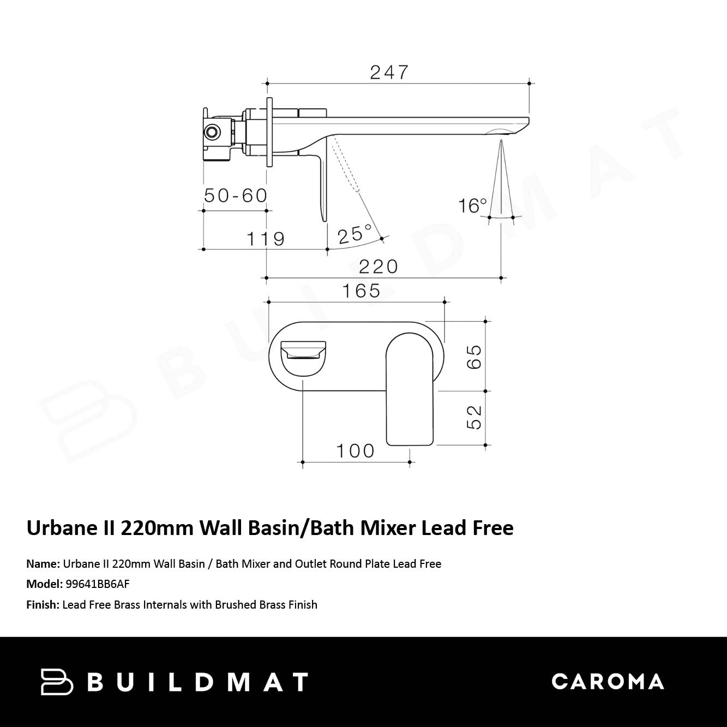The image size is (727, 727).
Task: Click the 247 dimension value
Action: (389, 72)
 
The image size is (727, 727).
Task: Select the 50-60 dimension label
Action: (236, 195)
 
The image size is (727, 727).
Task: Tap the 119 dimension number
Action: (266, 239)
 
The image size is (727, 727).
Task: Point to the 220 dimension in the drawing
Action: (378, 267)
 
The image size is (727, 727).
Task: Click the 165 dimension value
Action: (361, 291)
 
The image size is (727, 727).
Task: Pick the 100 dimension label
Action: (355, 451)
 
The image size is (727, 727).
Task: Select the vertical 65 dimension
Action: (474, 357)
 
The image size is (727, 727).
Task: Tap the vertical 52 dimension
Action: (474, 417)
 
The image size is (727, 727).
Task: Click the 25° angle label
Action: (355, 235)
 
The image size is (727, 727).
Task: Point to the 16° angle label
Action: (472, 206)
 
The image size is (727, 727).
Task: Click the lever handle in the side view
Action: (322, 185)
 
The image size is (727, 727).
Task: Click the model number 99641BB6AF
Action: (98, 584)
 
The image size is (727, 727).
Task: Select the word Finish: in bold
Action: (43, 605)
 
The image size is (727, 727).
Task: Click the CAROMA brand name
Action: (608, 682)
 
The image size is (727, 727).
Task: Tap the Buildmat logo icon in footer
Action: (57, 682)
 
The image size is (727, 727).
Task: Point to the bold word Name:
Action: (43, 564)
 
